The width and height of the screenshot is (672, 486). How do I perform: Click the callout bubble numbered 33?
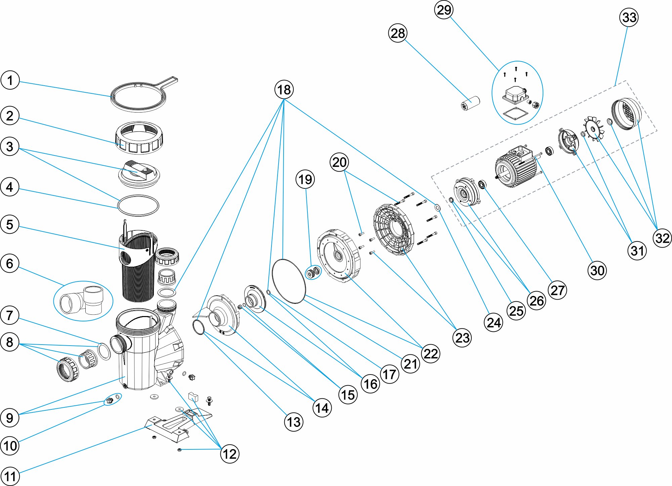click(629, 17)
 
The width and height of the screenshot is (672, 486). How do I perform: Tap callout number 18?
click(284, 90)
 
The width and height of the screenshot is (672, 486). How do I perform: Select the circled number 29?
click(444, 10)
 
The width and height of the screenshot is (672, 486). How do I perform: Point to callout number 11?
click(10, 476)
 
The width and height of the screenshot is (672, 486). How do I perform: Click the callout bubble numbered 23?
click(462, 338)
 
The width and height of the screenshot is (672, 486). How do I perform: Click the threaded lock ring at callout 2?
click(139, 138)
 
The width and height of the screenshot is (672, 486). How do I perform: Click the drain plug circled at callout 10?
click(109, 400)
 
